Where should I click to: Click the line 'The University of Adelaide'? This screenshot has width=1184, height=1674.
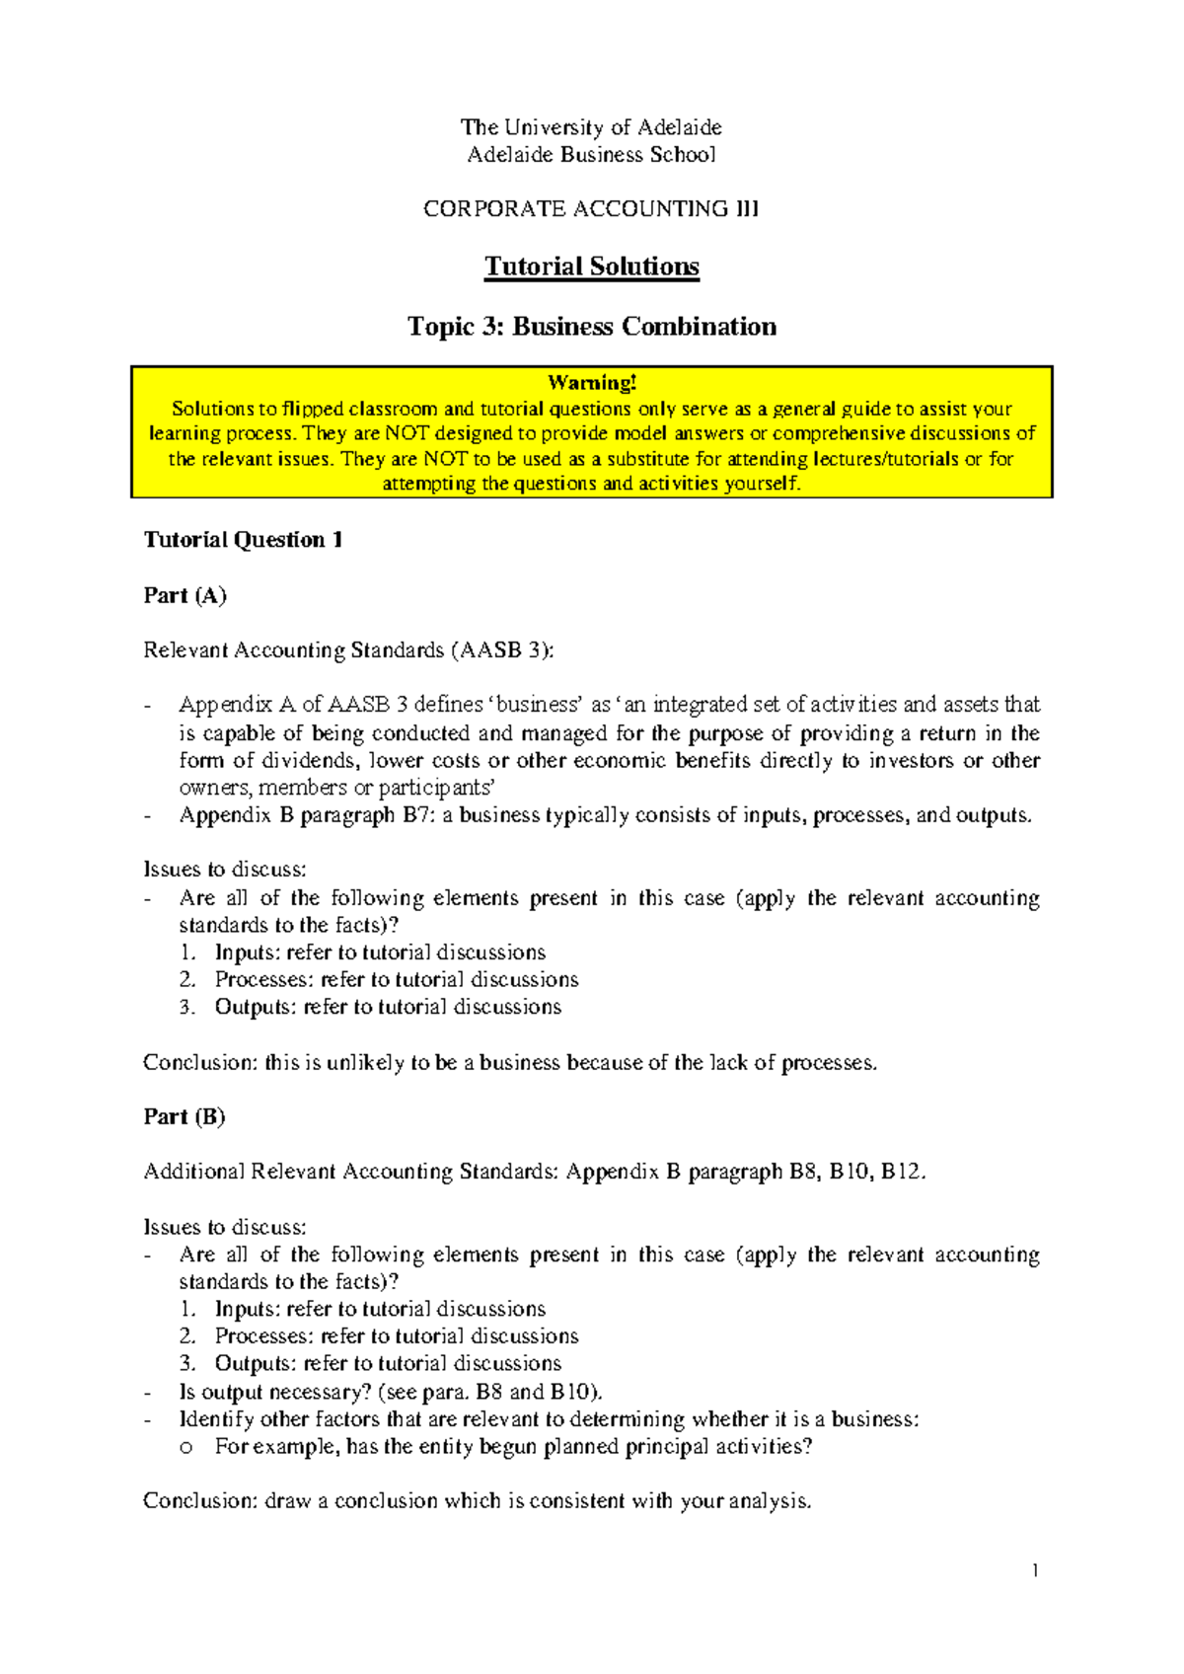(x=591, y=127)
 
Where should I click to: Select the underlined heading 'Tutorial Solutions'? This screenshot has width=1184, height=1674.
(x=591, y=266)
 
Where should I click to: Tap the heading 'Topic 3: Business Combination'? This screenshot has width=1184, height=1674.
(x=591, y=327)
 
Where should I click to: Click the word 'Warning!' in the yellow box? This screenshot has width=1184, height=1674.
(x=592, y=383)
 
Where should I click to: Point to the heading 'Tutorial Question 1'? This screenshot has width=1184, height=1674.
(x=243, y=540)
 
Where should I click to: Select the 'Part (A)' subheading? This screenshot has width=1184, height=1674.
(x=185, y=595)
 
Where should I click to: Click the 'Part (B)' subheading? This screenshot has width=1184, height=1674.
(x=185, y=1116)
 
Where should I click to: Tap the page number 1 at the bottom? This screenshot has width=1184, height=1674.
(x=1035, y=1570)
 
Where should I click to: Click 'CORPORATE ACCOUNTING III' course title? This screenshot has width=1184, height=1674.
(x=591, y=209)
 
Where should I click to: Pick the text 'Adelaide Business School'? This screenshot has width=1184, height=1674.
(x=591, y=155)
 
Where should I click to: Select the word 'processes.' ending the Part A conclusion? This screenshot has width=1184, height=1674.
(x=829, y=1063)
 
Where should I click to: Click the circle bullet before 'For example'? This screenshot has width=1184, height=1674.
(x=185, y=1448)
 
